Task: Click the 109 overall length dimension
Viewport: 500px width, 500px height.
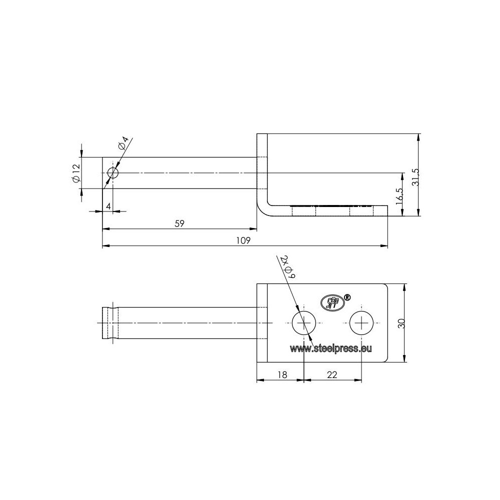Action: [x=243, y=240]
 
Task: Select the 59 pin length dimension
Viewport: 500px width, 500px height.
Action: [x=179, y=223]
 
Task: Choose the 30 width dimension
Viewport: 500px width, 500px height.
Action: [x=401, y=323]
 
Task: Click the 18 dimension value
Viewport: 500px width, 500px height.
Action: [x=282, y=374]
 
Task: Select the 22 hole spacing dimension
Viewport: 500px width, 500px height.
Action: [x=332, y=374]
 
